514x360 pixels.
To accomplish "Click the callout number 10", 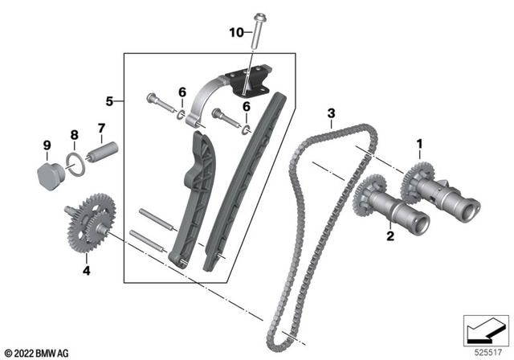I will coord(235,32).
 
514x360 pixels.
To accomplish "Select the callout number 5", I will coord(112,102).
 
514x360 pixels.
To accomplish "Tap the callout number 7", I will coord(101,127).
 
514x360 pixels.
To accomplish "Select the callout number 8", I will coord(74,136).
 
